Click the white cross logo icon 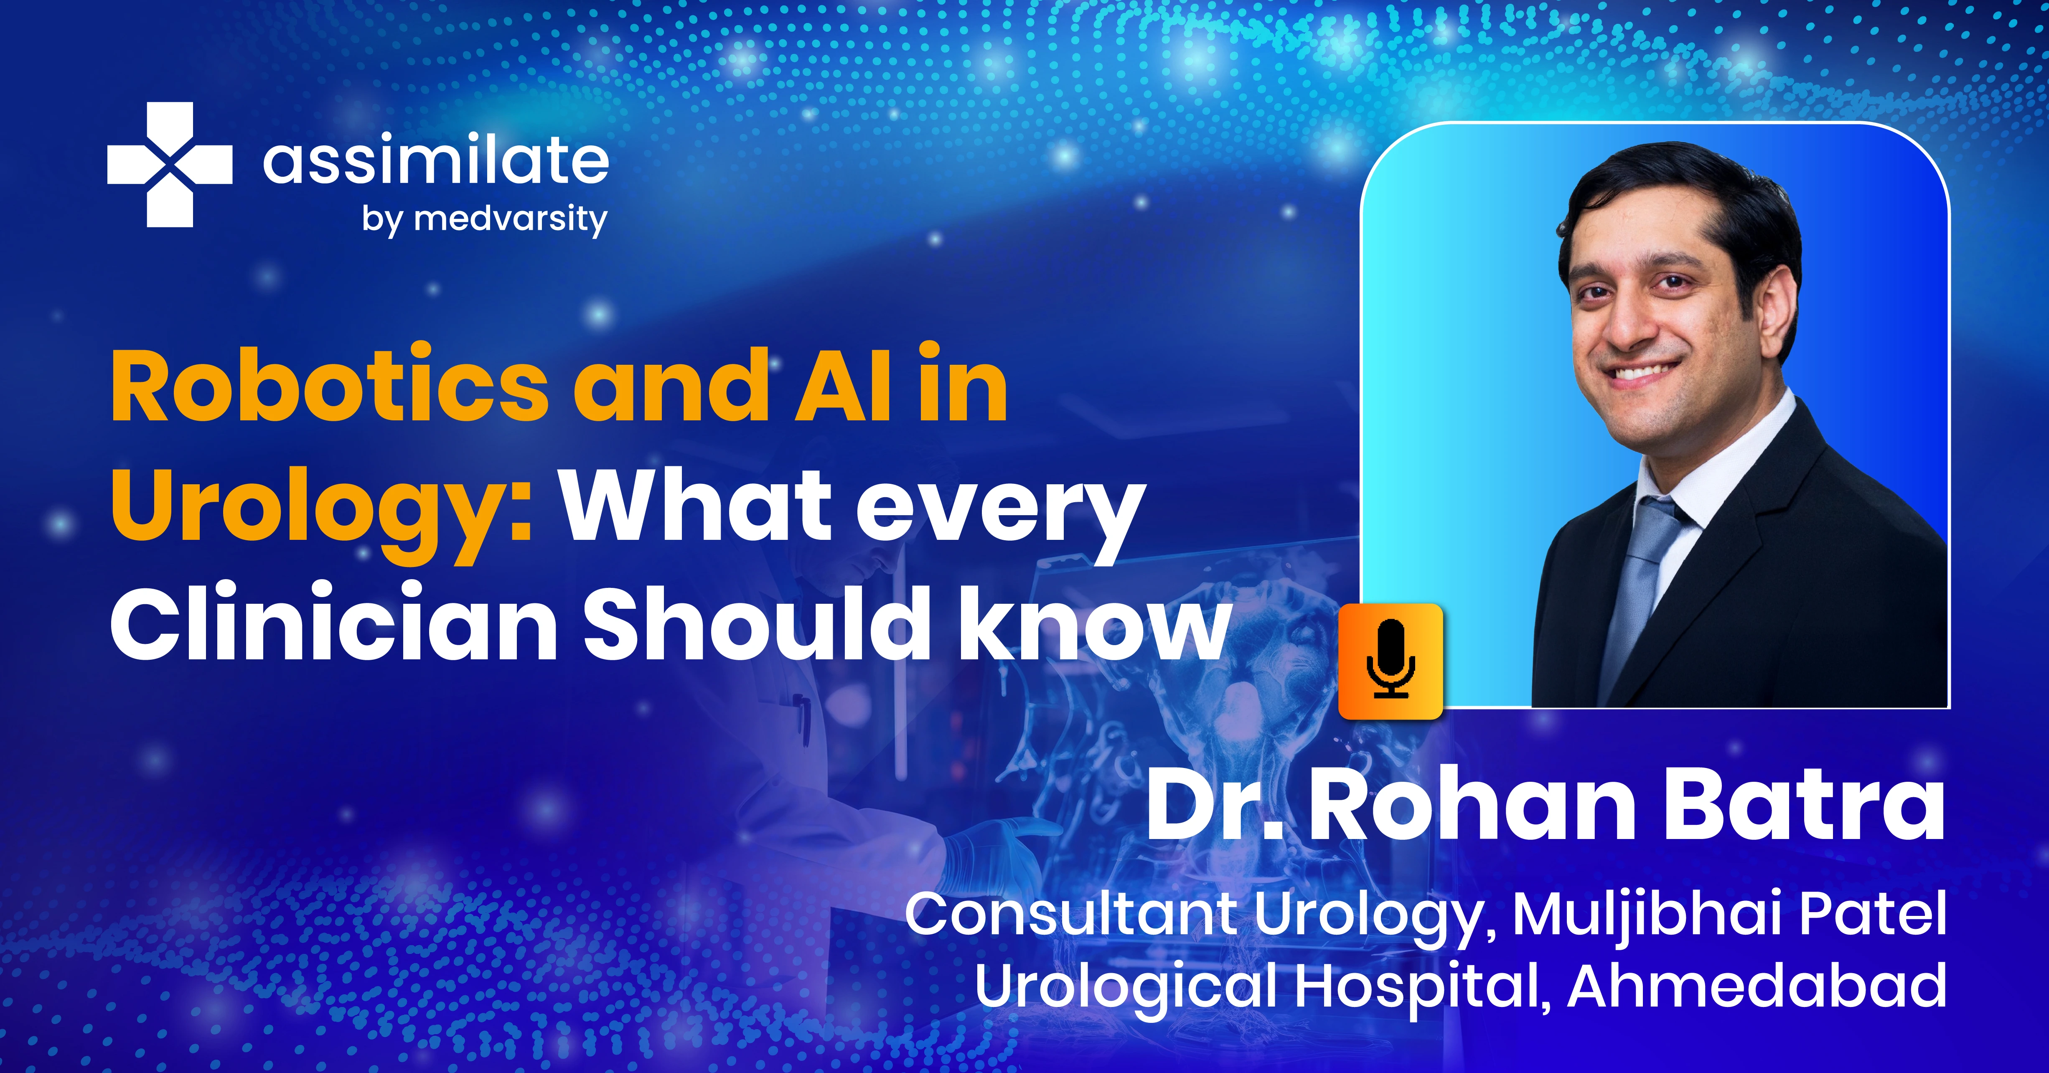point(169,165)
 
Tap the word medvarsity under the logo point(511,219)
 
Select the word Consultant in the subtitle point(1070,915)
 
